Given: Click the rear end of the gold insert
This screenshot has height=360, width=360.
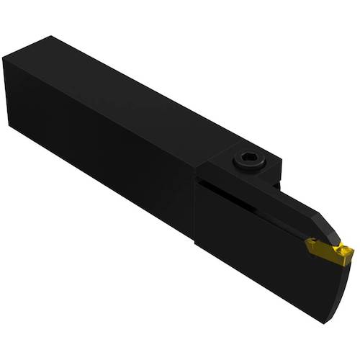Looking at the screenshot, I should click(x=308, y=246).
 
